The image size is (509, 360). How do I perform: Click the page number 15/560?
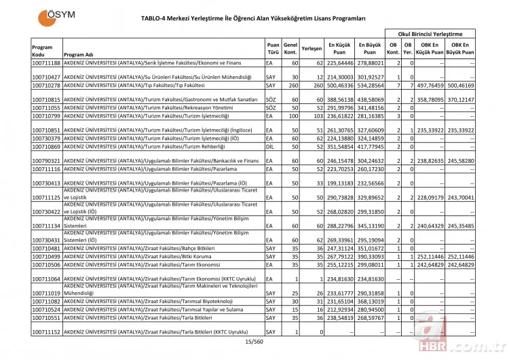[254, 341]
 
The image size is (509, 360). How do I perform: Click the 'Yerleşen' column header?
[312, 50]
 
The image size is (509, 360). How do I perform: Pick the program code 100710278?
[46, 86]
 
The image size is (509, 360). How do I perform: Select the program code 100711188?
[46, 63]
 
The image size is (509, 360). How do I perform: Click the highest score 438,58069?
[370, 99]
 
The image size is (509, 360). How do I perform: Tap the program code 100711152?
[46, 331]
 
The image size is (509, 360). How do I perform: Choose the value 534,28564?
[370, 86]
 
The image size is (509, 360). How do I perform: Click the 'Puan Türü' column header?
[273, 50]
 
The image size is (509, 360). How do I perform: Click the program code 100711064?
[46, 278]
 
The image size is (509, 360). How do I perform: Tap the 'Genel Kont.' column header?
[290, 50]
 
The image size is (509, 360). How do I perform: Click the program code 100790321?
[46, 160]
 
